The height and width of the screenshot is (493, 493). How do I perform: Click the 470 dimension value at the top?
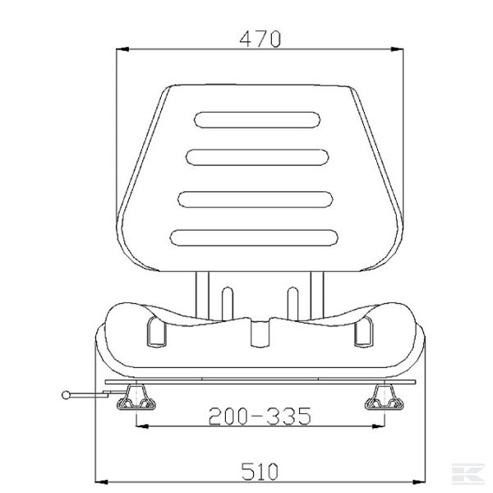[260, 38]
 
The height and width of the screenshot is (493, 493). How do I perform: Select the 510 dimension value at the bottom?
[260, 471]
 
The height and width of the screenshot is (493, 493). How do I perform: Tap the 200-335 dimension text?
[260, 417]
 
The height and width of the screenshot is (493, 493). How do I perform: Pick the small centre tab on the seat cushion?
[260, 332]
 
